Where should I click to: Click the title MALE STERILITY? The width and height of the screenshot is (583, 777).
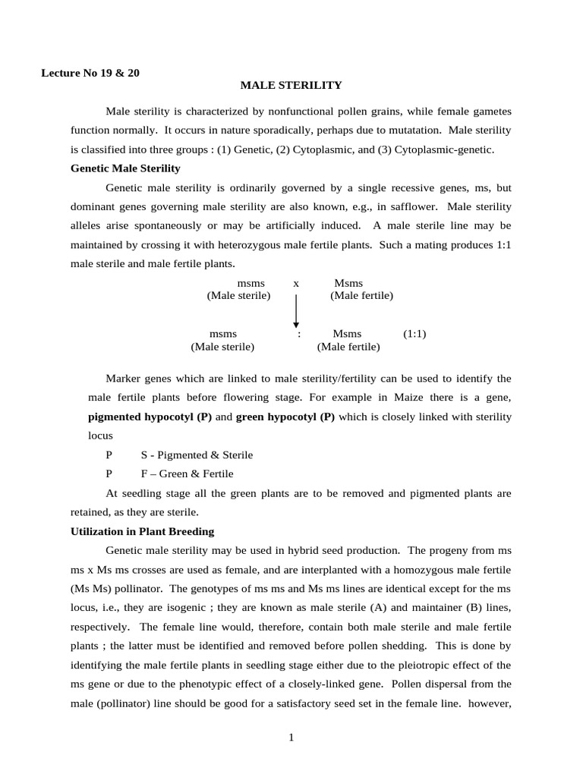[x=291, y=86]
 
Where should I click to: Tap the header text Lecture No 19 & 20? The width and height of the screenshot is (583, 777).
[x=90, y=73]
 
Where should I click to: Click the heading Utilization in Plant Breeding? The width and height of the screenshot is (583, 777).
[x=142, y=531]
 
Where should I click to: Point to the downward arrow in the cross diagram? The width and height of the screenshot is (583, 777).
[x=296, y=312]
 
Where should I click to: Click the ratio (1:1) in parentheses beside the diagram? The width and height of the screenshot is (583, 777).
[x=414, y=333]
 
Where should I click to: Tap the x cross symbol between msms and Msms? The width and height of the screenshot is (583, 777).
[x=296, y=283]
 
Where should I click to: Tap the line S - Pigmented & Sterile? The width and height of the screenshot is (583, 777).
[x=197, y=455]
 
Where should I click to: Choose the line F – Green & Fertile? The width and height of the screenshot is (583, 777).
[x=187, y=473]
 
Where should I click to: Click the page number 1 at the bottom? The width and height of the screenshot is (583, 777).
[x=291, y=736]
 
